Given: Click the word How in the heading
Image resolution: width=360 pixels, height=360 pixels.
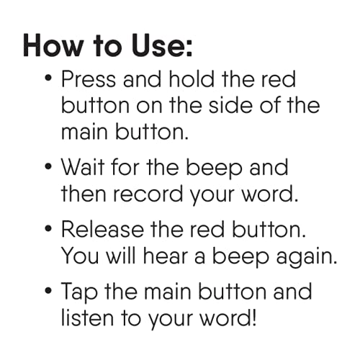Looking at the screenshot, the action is click(53, 45).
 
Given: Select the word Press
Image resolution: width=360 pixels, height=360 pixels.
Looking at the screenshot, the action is click(89, 79).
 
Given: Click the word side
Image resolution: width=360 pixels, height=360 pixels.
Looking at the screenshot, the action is click(230, 105).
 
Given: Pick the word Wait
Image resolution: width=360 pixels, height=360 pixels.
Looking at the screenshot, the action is click(84, 167).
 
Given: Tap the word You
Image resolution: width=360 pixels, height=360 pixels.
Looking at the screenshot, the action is click(80, 256).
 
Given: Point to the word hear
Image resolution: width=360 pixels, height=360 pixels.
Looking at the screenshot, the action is click(165, 256).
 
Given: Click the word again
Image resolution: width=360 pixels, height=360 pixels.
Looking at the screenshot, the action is click(306, 258).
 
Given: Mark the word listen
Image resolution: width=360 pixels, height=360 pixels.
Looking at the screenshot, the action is click(87, 318).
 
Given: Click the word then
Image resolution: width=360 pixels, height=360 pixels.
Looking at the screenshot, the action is click(84, 194).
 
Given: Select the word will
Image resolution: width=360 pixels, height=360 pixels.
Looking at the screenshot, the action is click(121, 256).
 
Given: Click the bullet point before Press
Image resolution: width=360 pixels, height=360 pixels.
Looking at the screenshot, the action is click(48, 78).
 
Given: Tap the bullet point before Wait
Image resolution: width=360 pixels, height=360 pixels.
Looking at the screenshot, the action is click(48, 166).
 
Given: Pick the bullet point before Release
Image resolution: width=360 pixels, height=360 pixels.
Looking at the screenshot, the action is click(48, 229).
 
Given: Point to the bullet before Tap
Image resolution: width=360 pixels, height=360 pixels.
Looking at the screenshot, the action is click(48, 291).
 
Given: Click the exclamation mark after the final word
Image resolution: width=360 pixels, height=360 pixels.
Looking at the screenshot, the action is click(253, 318).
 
